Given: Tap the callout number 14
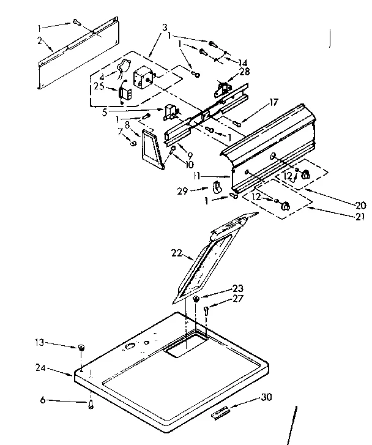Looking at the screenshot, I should (x=244, y=62).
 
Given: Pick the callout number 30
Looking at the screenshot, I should (x=266, y=397).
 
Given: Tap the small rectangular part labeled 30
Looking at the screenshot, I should (x=221, y=414).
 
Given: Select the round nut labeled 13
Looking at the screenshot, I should (x=80, y=348).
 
